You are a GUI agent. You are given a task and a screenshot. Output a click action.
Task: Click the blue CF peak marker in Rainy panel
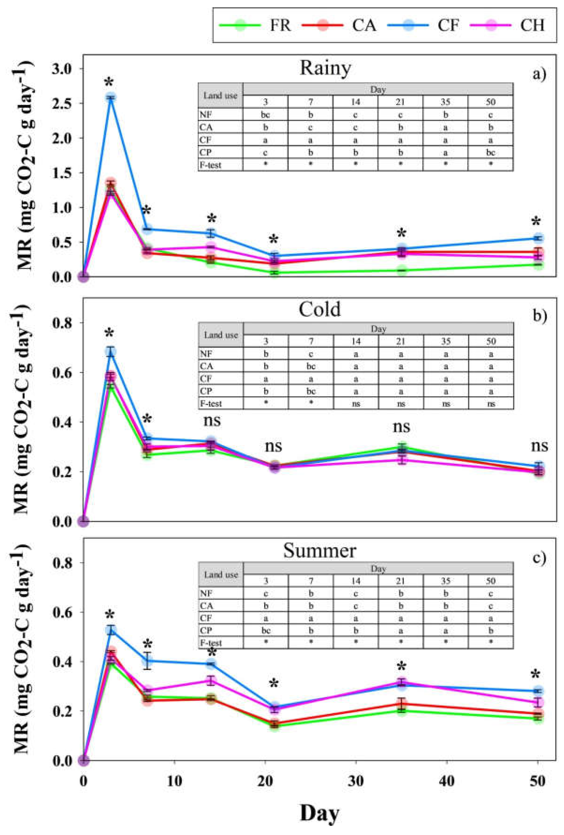[111, 97]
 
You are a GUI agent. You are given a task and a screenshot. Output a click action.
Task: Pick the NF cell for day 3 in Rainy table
[266, 115]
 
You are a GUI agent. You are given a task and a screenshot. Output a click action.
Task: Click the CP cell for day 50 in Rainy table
[490, 152]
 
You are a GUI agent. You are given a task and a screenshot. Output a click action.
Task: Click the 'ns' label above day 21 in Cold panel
[273, 446]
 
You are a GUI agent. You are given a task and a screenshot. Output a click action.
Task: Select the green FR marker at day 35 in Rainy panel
[402, 270]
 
